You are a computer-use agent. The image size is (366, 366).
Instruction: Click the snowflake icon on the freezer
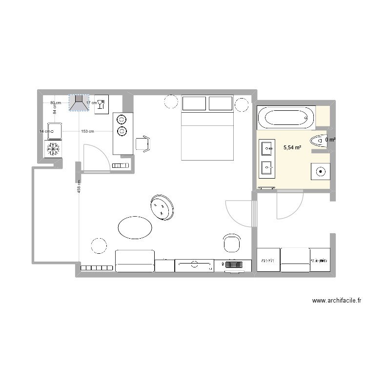coord(53,149)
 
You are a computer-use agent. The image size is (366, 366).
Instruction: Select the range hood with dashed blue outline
coord(79,103)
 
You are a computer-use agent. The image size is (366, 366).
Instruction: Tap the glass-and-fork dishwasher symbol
coord(101,104)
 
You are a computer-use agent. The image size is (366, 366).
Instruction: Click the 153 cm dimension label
coord(87,131)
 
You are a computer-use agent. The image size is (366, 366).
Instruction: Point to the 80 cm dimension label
coord(56,103)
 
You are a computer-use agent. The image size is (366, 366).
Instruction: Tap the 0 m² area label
coord(330,140)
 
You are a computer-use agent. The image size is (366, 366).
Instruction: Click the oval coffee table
coord(135,227)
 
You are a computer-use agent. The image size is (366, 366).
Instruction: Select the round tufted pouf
coord(162,207)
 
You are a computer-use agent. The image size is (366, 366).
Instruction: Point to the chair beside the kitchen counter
coord(142,143)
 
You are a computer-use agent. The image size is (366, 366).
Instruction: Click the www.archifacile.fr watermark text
coord(337,301)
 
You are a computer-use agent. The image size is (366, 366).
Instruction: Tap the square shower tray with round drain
coord(321,171)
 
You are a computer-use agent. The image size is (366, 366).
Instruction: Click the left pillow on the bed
coord(194,103)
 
